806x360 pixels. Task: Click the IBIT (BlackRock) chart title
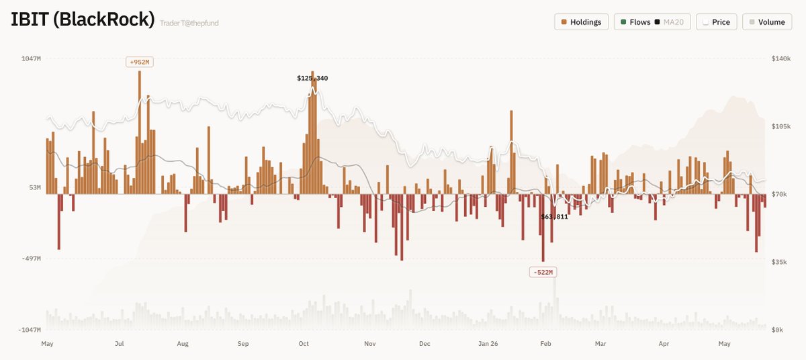(x=83, y=19)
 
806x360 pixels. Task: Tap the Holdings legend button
(x=581, y=22)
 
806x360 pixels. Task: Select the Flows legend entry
(x=635, y=22)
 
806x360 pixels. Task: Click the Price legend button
(x=717, y=22)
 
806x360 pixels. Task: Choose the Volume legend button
(x=767, y=22)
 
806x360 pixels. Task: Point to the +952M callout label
(x=140, y=62)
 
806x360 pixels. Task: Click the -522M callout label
(x=543, y=272)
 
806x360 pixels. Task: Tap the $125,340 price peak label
(x=312, y=78)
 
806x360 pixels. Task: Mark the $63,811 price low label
(x=554, y=216)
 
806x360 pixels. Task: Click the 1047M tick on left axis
(x=31, y=58)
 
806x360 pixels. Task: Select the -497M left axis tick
(x=31, y=259)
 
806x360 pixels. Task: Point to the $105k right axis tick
(x=780, y=126)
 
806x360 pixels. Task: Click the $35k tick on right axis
(x=779, y=262)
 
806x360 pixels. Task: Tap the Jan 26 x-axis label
(x=488, y=344)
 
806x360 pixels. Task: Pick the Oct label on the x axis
(x=304, y=344)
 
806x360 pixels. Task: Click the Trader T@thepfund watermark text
(x=189, y=23)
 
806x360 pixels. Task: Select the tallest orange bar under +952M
(x=140, y=132)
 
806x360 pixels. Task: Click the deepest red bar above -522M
(x=543, y=228)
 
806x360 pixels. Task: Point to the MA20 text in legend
(x=673, y=22)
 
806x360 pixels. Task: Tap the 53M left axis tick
(x=35, y=188)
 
